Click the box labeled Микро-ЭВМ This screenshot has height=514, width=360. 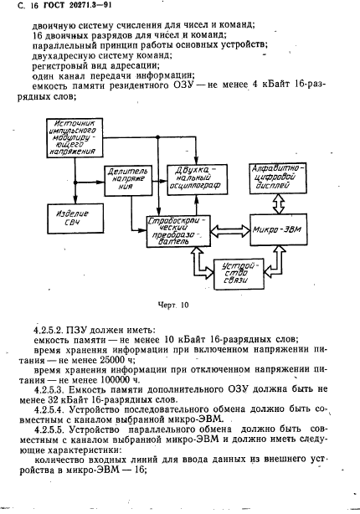(x=275, y=229)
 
